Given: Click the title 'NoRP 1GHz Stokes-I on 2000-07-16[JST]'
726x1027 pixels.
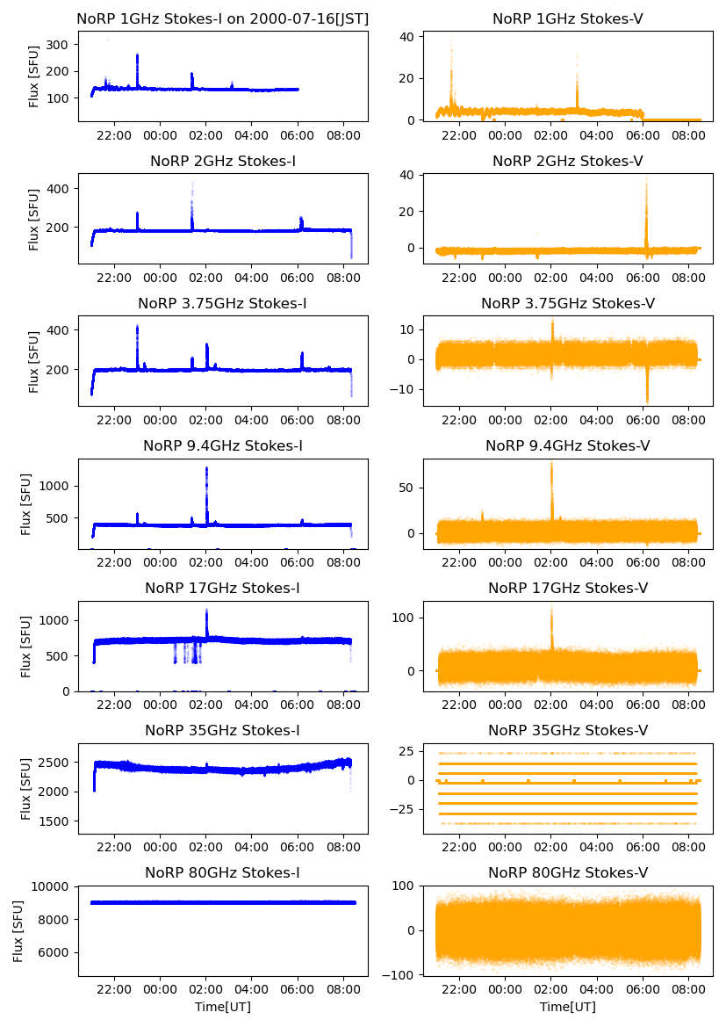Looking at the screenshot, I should click(223, 18).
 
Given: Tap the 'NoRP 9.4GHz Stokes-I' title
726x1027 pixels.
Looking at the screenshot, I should click(223, 446).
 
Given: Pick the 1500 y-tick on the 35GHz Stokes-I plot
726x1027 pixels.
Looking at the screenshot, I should click(58, 821).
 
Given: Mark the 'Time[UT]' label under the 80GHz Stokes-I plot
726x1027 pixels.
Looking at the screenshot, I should click(223, 1007).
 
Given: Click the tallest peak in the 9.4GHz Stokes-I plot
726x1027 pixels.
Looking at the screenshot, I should click(206, 468).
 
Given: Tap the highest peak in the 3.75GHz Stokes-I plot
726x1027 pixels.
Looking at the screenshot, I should click(137, 328).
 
